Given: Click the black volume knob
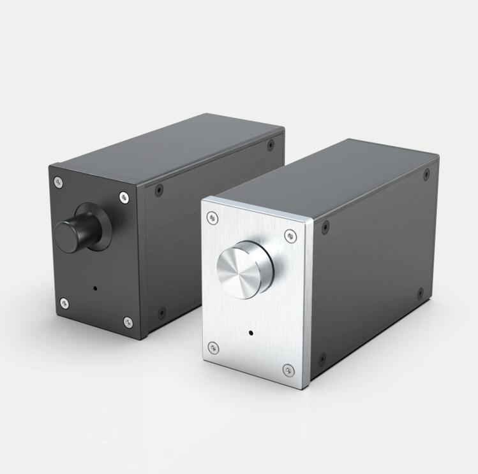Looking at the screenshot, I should [71, 234].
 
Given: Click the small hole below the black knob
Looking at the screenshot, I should [95, 288].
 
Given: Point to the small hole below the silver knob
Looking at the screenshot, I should [250, 333].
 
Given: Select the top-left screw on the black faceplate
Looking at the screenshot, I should [59, 182].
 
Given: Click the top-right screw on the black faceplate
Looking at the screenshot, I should [124, 197].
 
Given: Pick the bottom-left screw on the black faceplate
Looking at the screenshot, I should [64, 303].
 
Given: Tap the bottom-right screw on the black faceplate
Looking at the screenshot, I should [128, 322].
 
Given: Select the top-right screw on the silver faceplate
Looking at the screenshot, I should [290, 236].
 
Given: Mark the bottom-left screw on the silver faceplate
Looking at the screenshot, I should [213, 348].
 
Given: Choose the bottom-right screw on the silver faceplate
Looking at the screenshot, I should [288, 370].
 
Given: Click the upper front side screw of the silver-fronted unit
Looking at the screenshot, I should [325, 227].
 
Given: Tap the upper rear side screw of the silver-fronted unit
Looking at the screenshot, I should [426, 173].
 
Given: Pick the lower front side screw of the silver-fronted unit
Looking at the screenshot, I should [322, 359].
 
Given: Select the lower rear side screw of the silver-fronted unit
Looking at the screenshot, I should [420, 294].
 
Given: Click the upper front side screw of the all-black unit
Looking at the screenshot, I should [159, 189].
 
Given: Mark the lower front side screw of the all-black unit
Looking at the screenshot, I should [161, 312].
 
